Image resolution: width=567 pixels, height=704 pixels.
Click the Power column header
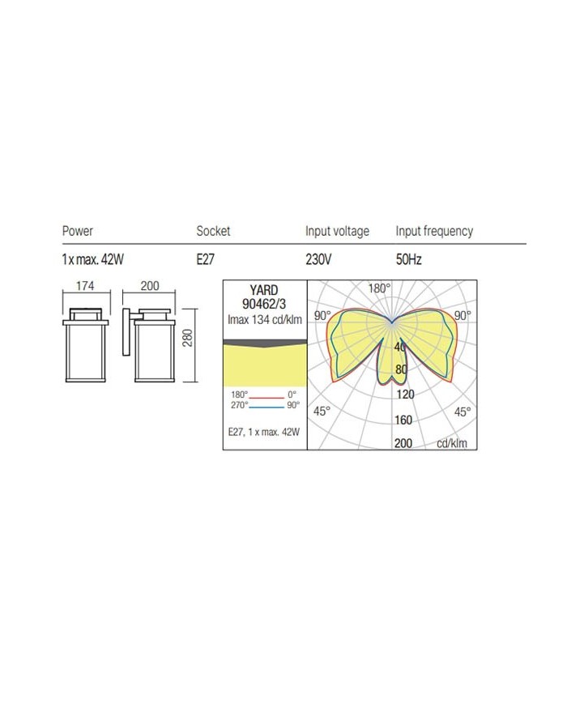coord(77,231)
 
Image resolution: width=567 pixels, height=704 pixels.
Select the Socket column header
coord(213,231)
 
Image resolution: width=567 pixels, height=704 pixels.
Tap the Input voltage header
coord(337,231)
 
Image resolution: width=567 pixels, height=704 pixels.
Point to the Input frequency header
coord(434,231)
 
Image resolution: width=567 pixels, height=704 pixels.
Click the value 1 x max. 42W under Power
coord(92,259)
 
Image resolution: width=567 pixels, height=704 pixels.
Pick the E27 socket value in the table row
coord(205,259)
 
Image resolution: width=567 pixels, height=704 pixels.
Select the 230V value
coord(318,259)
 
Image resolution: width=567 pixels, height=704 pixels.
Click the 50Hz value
coord(408,259)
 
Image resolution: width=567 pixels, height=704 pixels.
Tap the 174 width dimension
coord(85,286)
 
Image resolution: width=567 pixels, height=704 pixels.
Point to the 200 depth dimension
coord(150,286)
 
